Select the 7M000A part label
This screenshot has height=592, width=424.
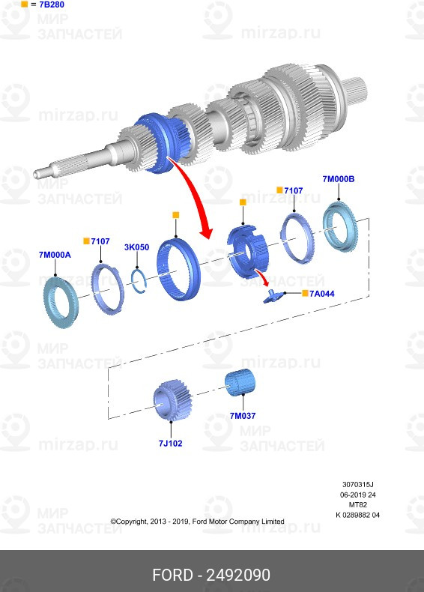pos(54,255)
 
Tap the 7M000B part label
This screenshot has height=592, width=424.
pos(339,179)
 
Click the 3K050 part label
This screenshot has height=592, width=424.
pos(137,247)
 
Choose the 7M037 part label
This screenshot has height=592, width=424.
pos(243,415)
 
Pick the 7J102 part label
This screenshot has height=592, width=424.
pos(170,443)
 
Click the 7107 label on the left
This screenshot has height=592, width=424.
pos(100,241)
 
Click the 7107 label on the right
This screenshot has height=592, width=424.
pos(293,191)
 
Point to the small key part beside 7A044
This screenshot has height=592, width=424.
pos(271,296)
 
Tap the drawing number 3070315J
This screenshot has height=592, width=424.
pos(357,485)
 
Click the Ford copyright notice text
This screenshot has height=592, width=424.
pos(197,521)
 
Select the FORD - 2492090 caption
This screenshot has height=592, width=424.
pos(211,575)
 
